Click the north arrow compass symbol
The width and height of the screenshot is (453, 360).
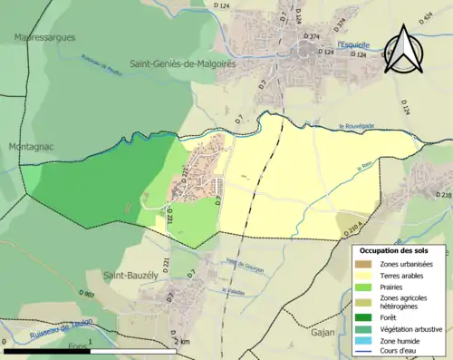click(404, 50)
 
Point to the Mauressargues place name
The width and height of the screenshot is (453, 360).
click(44, 37)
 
